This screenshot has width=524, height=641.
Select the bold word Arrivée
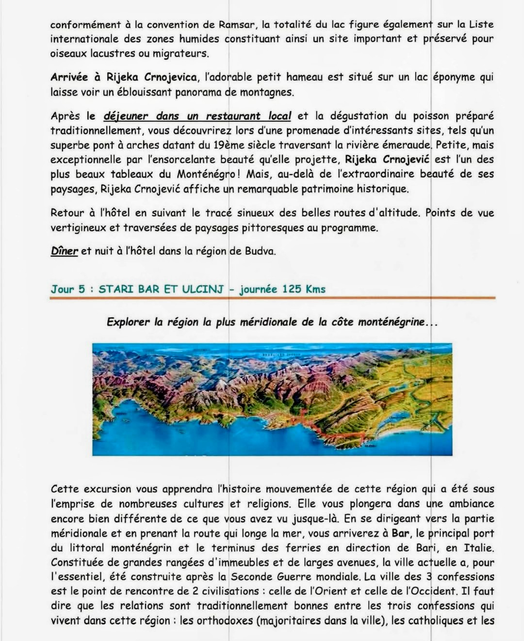pyautogui.click(x=69, y=77)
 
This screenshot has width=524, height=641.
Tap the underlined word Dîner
pyautogui.click(x=64, y=251)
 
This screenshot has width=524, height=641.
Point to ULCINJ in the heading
pyautogui.click(x=203, y=289)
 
